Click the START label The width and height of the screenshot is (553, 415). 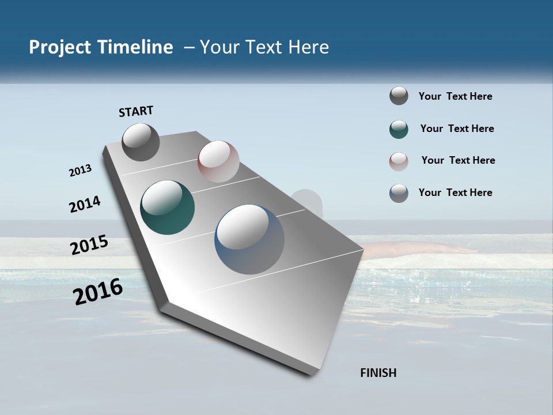pos(136,111)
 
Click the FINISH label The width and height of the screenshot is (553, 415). pos(378,373)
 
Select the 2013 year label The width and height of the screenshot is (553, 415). pos(81,170)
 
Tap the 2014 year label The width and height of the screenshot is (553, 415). pos(85,204)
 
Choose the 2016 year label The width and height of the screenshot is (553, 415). pos(98,292)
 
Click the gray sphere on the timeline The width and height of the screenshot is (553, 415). pos(141,142)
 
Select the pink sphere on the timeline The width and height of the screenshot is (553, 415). pos(218,161)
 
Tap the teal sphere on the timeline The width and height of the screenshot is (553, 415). pos(167,207)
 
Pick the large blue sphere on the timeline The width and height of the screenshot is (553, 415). pos(249,239)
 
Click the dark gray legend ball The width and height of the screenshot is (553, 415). pos(399,96)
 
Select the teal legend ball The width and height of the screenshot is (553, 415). pos(399,129)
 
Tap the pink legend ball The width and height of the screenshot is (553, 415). pos(399,161)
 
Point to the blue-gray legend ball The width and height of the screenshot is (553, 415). pos(399,193)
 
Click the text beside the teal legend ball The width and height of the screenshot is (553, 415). pos(457,129)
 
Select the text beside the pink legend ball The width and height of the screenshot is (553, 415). pos(458,160)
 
